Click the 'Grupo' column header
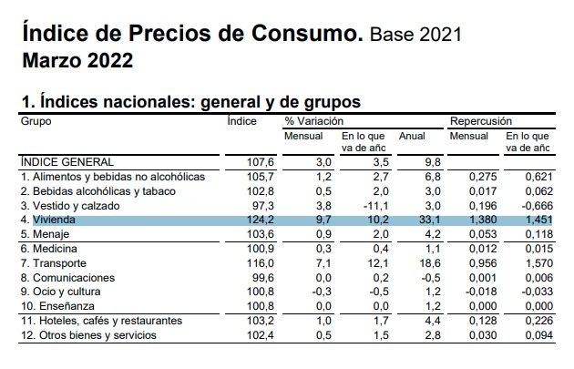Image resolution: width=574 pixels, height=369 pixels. click(36, 120)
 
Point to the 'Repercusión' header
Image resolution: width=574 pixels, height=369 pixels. click(481, 120)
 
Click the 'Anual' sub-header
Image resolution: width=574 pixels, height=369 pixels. click(413, 136)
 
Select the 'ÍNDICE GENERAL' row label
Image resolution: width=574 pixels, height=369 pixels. click(63, 161)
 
